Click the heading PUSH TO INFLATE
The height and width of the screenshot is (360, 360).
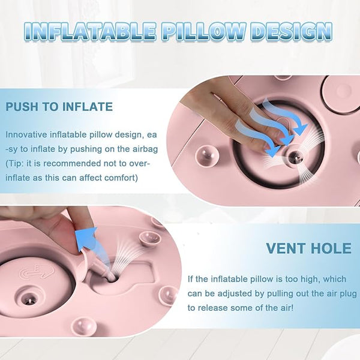tap(59, 107)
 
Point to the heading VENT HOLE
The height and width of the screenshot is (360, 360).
tap(308, 248)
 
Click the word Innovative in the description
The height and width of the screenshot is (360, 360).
tap(26, 134)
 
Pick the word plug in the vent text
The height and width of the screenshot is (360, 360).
tap(349, 294)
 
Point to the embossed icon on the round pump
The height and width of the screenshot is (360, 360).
tap(37, 272)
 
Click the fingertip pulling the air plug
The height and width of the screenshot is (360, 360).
tap(85, 220)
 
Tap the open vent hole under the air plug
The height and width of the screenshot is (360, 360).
tap(112, 278)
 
